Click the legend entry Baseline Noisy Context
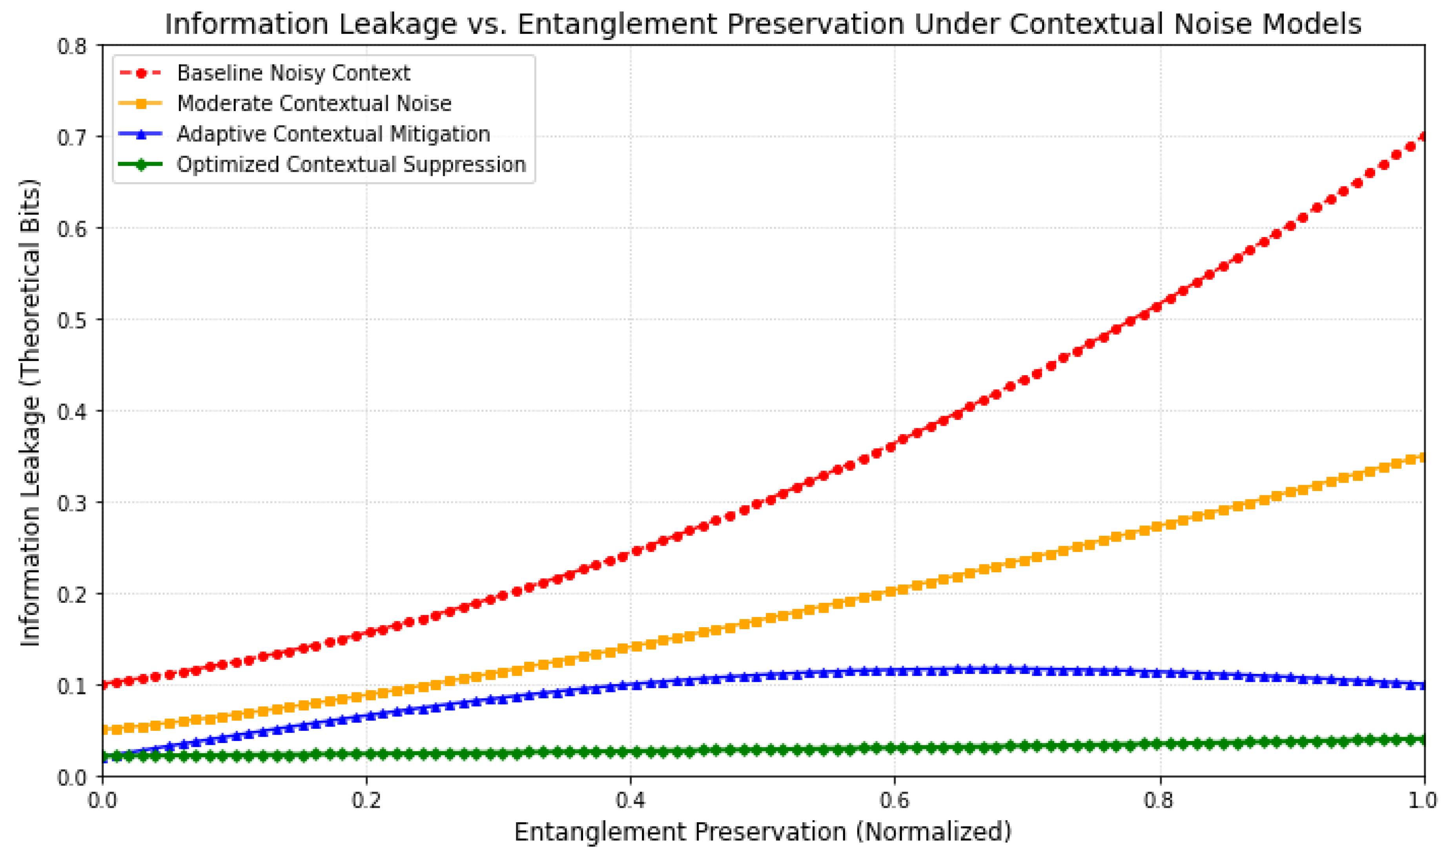(x=293, y=73)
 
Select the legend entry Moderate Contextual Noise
(x=314, y=104)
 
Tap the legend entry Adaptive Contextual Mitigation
(x=333, y=134)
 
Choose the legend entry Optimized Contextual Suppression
(x=351, y=165)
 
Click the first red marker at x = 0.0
(x=104, y=685)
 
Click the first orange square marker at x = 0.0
(x=104, y=731)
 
